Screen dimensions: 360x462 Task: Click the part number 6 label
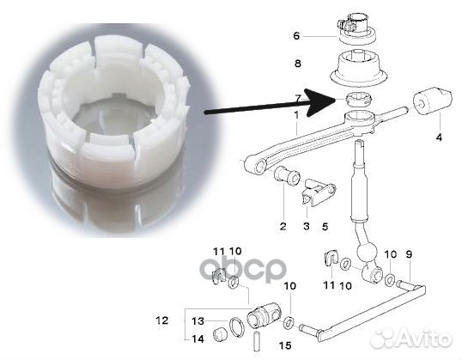pyautogui.click(x=297, y=36)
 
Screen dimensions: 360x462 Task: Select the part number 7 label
pyautogui.click(x=298, y=99)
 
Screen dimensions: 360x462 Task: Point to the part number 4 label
pyautogui.click(x=439, y=137)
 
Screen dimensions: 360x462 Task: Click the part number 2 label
pyautogui.click(x=282, y=227)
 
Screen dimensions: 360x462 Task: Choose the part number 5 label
pyautogui.click(x=324, y=227)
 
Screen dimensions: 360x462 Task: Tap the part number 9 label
pyautogui.click(x=410, y=254)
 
